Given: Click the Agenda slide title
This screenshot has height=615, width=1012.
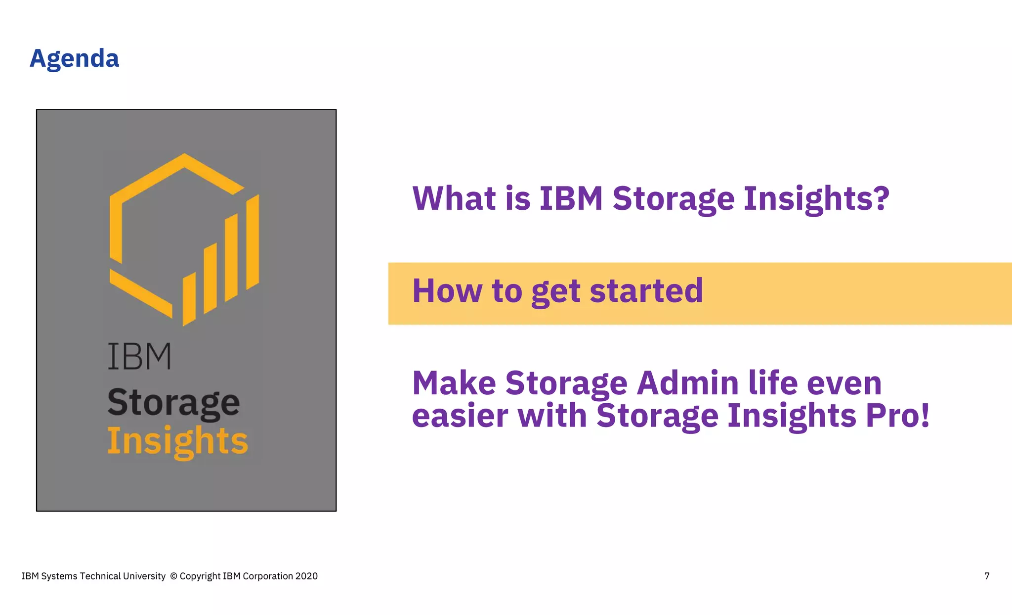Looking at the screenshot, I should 74,59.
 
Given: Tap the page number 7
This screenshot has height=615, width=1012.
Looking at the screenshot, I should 987,576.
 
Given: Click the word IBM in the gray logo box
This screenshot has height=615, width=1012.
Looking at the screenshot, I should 139,356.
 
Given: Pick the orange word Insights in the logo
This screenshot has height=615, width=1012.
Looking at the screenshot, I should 177,441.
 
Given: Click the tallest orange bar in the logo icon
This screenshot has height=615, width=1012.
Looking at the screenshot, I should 253,242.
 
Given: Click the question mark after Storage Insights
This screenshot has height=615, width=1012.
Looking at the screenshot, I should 879,198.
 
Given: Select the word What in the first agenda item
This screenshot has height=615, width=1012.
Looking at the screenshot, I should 454,198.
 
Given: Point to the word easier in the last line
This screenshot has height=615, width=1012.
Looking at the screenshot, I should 460,416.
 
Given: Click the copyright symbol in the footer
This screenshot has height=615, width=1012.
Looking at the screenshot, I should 173,576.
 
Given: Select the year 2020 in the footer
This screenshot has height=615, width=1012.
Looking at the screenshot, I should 306,576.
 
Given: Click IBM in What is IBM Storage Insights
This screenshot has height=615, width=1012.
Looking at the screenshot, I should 571,198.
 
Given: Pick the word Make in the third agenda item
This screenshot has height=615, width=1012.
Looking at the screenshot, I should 454,383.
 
